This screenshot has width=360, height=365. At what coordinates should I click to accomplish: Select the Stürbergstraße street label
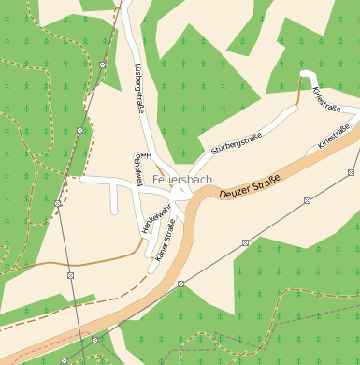(236, 143)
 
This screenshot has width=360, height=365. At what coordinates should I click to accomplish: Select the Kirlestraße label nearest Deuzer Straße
(334, 137)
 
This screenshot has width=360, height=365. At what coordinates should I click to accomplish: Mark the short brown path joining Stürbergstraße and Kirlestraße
(299, 91)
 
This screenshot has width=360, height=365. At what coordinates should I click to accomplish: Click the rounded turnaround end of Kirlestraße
(307, 74)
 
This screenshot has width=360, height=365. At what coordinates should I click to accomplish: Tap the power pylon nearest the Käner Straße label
(181, 283)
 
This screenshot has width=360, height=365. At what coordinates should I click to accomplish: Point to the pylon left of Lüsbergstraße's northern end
(102, 66)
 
